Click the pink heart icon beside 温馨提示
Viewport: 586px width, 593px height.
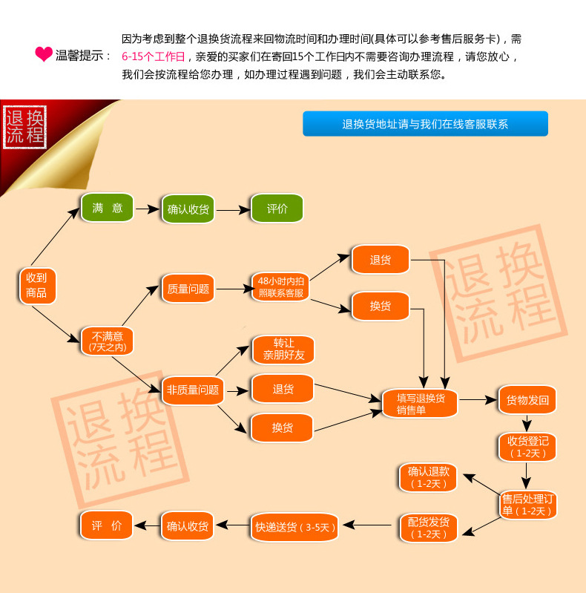coord(44,54)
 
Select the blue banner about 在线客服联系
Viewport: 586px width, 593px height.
coord(425,124)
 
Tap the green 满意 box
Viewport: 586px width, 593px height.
coord(107,209)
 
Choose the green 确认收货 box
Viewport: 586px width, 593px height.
coord(188,209)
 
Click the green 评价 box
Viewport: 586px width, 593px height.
coord(277,209)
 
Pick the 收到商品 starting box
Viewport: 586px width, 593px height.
coord(36,285)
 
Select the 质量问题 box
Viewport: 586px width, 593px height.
coord(188,289)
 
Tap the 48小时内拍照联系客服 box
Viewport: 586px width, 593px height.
coord(281,286)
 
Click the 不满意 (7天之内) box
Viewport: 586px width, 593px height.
coord(108,341)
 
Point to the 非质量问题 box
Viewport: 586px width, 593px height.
coord(192,390)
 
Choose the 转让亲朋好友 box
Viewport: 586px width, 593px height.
coord(283,350)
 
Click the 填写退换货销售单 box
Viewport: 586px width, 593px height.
coord(420,404)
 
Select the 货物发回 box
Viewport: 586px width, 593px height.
coord(527,400)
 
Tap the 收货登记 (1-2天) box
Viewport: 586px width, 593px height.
coord(527,447)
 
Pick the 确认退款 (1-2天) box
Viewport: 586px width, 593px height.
coord(428,477)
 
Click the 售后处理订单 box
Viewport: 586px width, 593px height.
coord(527,505)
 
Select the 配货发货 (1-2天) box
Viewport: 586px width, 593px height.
coord(428,527)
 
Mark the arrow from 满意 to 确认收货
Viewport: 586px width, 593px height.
coord(148,209)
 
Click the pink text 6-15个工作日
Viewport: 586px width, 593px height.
coord(153,56)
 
